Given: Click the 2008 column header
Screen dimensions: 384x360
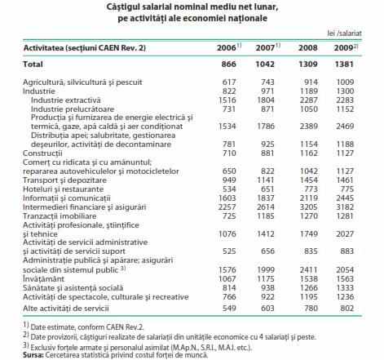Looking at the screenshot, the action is [308, 48].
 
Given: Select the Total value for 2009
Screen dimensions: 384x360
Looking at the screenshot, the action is [344, 64].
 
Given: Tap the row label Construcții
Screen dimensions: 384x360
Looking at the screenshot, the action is [42, 153].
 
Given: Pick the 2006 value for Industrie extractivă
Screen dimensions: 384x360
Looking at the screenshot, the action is [227, 100].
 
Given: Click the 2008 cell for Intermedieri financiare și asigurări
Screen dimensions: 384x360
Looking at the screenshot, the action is [308, 207].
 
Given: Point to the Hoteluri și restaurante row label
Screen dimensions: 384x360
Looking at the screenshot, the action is [63, 189].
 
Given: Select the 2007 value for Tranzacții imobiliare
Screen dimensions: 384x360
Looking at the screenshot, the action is [266, 216].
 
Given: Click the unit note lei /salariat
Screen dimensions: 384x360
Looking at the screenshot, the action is [345, 33].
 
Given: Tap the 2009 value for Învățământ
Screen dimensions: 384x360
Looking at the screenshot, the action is [345, 279].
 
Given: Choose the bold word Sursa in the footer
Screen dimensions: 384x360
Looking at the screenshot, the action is [33, 355].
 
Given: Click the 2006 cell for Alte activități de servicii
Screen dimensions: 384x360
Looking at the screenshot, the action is [229, 309].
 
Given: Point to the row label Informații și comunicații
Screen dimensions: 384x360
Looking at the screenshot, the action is [67, 198].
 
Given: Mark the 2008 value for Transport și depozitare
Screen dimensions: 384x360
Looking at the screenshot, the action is [308, 180].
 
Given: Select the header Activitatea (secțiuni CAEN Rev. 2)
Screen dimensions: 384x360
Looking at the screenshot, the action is [85, 48].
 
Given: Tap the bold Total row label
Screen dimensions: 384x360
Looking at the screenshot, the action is [33, 64].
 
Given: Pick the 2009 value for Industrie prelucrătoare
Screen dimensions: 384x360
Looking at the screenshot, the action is [345, 109].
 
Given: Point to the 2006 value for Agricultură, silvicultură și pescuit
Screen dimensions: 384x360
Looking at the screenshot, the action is [229, 82].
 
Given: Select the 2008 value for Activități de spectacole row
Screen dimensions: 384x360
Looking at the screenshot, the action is [308, 297].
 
